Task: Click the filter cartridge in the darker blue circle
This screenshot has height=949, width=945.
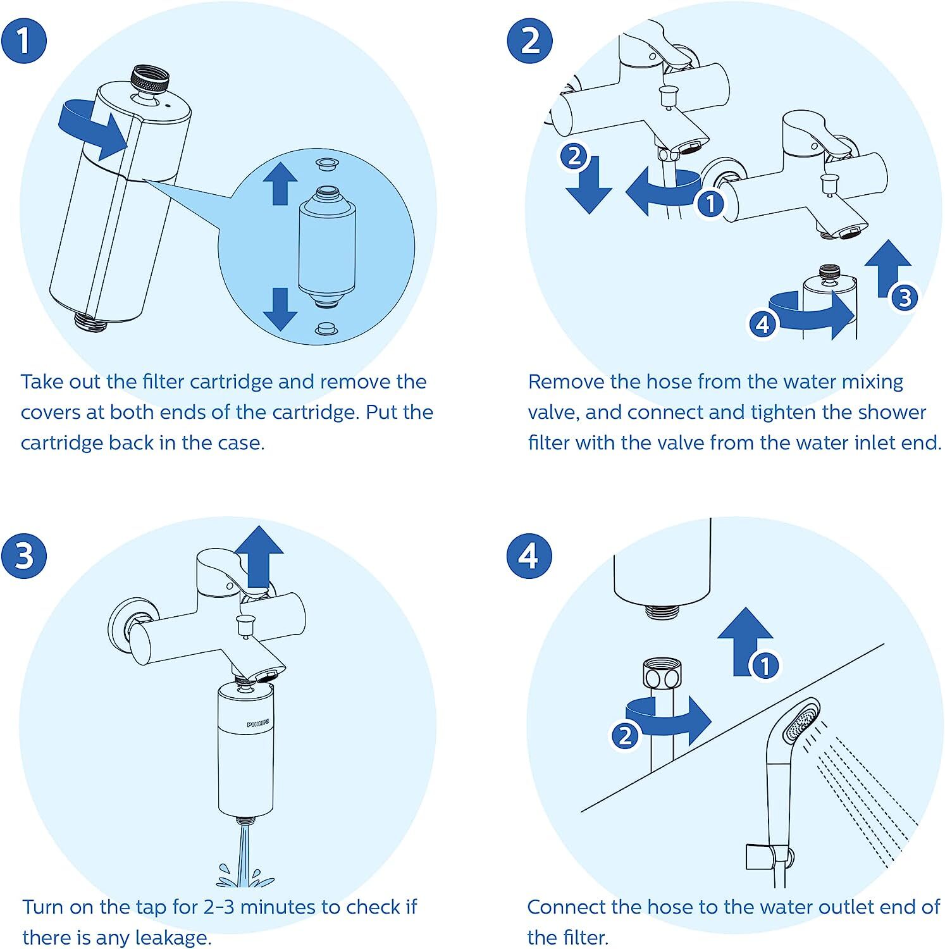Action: (326, 247)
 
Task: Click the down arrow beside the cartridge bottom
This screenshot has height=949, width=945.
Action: (280, 308)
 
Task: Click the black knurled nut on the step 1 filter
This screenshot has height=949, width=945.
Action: (151, 80)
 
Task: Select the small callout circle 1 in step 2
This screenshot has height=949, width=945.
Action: (710, 204)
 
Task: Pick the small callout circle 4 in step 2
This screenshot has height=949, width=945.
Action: (763, 324)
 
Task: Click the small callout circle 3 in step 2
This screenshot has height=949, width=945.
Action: (905, 297)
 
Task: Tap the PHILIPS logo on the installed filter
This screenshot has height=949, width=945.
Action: (258, 722)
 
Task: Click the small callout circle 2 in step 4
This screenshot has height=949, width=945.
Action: (625, 735)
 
